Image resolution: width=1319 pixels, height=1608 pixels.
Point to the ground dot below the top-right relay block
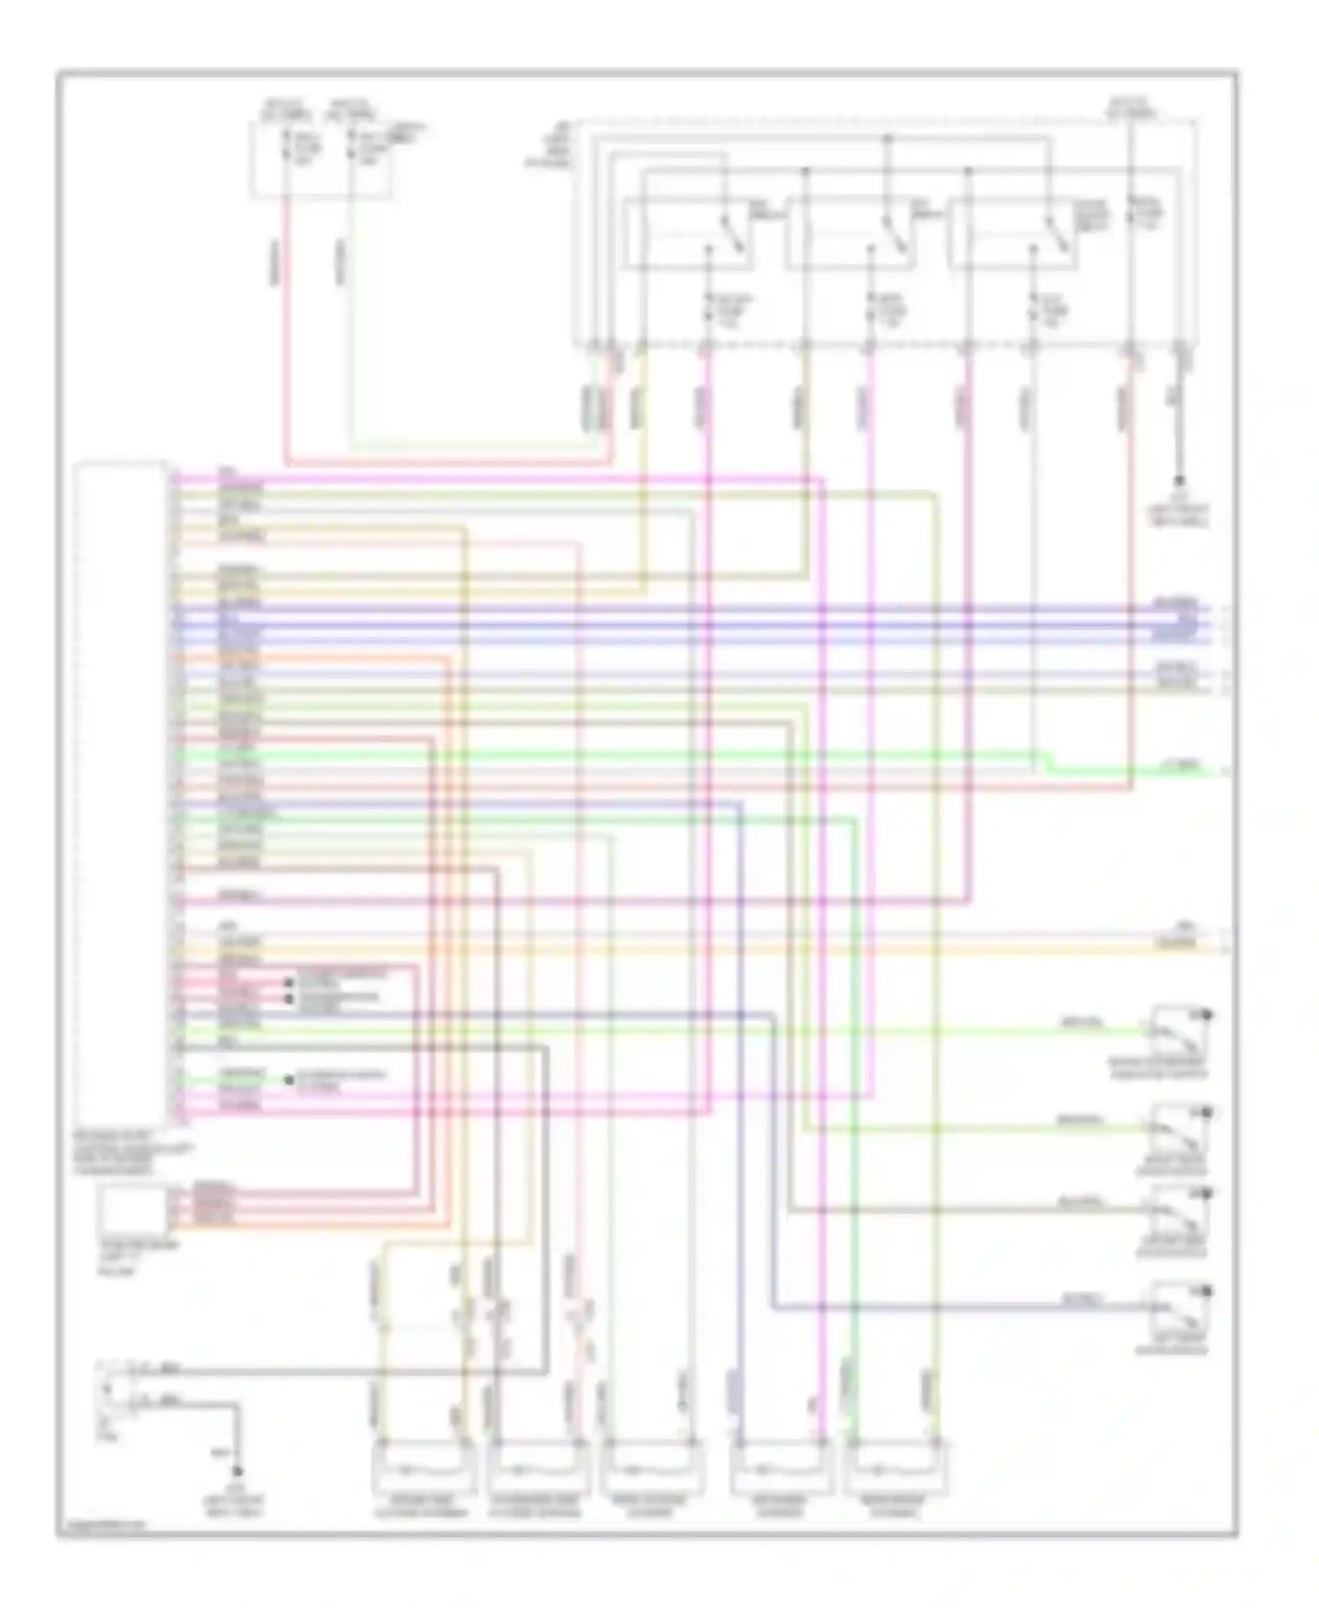pyautogui.click(x=1180, y=481)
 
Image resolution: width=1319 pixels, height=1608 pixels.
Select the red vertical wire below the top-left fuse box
pyautogui.click(x=286, y=334)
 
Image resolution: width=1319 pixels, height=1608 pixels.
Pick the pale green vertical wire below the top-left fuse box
pyautogui.click(x=351, y=334)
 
